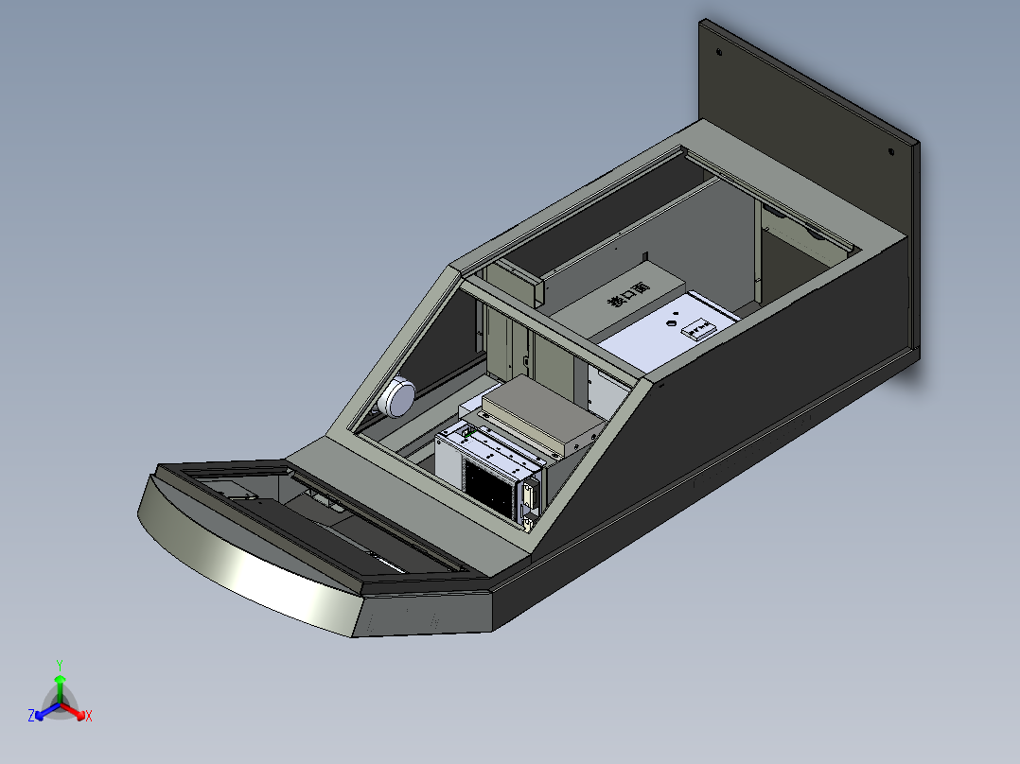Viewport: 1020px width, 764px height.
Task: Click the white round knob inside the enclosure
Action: (396, 395)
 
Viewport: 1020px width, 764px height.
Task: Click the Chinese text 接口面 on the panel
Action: (628, 296)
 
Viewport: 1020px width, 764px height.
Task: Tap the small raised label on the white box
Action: (700, 329)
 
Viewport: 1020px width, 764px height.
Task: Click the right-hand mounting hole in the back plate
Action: (891, 151)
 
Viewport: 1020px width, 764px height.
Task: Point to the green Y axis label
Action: (60, 665)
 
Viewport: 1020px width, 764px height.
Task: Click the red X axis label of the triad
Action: (89, 716)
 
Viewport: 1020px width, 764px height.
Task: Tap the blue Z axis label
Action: (31, 716)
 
